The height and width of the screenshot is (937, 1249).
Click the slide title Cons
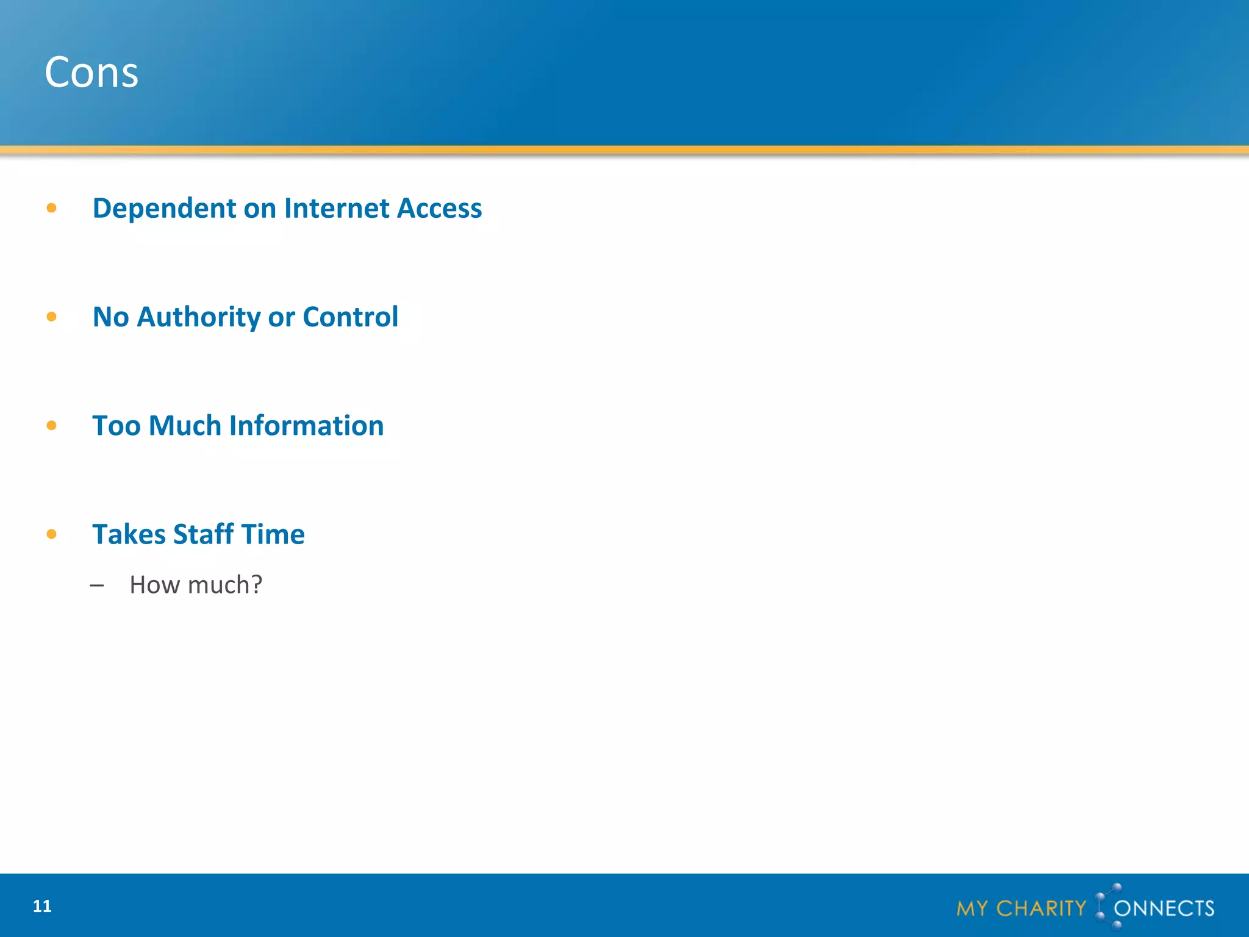pos(91,73)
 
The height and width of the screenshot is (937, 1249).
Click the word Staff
pos(204,534)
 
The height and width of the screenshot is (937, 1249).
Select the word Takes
pos(129,534)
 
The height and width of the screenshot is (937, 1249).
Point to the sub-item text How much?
pos(196,585)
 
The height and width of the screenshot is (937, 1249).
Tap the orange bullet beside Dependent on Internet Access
pos(52,209)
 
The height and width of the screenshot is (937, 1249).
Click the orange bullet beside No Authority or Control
pos(52,317)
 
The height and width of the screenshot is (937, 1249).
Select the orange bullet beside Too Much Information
pos(52,426)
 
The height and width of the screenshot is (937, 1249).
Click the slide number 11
pos(42,906)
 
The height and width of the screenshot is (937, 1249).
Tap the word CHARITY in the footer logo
pos(1041,909)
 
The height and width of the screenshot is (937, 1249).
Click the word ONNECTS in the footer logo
pos(1164,909)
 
